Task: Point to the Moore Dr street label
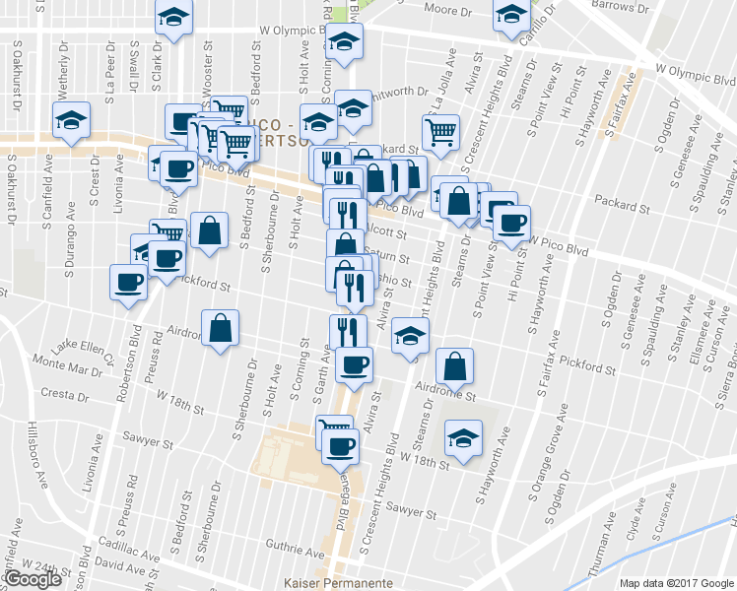446,9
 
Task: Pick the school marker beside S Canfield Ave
71,121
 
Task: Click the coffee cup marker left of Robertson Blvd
128,284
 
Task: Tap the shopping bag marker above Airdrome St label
453,366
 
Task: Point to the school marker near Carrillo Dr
511,16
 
